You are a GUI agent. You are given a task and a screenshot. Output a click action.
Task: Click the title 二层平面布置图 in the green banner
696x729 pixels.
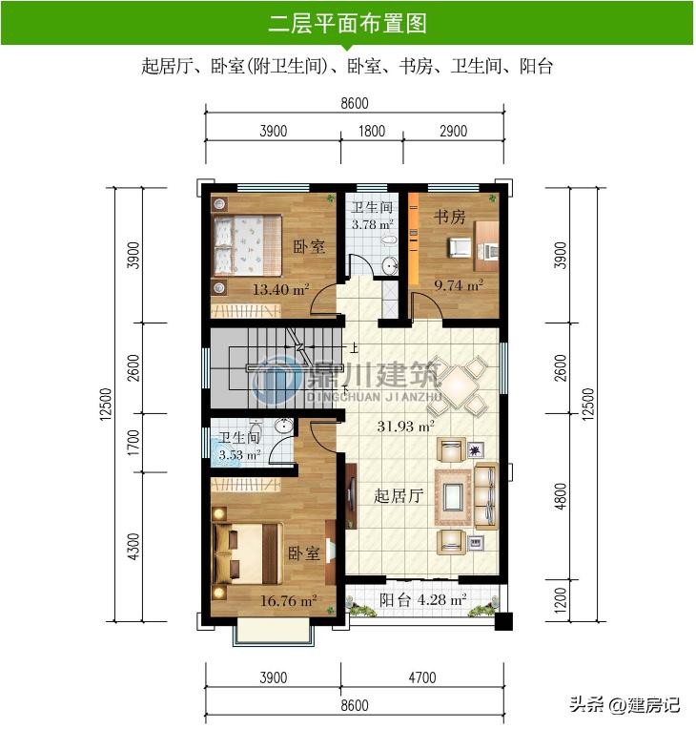coord(348,23)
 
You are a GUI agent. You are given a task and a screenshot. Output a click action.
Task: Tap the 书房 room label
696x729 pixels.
coord(449,217)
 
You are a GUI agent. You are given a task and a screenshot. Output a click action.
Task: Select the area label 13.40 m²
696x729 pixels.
coord(280,290)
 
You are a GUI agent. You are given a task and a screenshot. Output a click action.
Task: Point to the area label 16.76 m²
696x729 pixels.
coord(288,601)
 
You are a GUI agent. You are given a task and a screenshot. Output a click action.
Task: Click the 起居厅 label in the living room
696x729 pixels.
coord(399,495)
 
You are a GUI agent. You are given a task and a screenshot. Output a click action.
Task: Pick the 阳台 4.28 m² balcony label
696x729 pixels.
coord(422,600)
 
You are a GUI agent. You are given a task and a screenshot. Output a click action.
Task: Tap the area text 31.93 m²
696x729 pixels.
coord(405,426)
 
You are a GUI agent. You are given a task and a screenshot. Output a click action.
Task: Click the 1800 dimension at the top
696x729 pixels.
coord(372,131)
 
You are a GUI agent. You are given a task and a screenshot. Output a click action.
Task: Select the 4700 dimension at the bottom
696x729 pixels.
coord(422,677)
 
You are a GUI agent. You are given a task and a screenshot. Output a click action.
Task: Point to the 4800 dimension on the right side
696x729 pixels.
coord(561,496)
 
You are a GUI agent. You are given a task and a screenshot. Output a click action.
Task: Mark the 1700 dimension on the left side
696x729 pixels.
coord(133,443)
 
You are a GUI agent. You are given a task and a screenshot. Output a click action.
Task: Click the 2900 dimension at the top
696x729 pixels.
coord(454,131)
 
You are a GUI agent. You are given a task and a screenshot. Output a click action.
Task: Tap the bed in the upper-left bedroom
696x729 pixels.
coord(248,245)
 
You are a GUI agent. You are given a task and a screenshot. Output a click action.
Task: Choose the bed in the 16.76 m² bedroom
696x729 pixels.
coord(248,553)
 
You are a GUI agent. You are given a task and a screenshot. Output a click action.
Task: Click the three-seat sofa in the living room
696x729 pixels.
coord(486,495)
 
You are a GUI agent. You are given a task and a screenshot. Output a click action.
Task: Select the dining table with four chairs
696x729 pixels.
coord(458,385)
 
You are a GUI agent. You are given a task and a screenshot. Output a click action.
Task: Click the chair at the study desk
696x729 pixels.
coord(460,246)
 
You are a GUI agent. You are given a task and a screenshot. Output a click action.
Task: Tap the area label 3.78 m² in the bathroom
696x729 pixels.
coord(372,224)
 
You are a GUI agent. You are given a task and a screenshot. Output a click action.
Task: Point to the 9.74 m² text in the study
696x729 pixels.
coord(459,285)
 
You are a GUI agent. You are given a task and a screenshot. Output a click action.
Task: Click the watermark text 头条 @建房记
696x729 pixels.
coord(624,705)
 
